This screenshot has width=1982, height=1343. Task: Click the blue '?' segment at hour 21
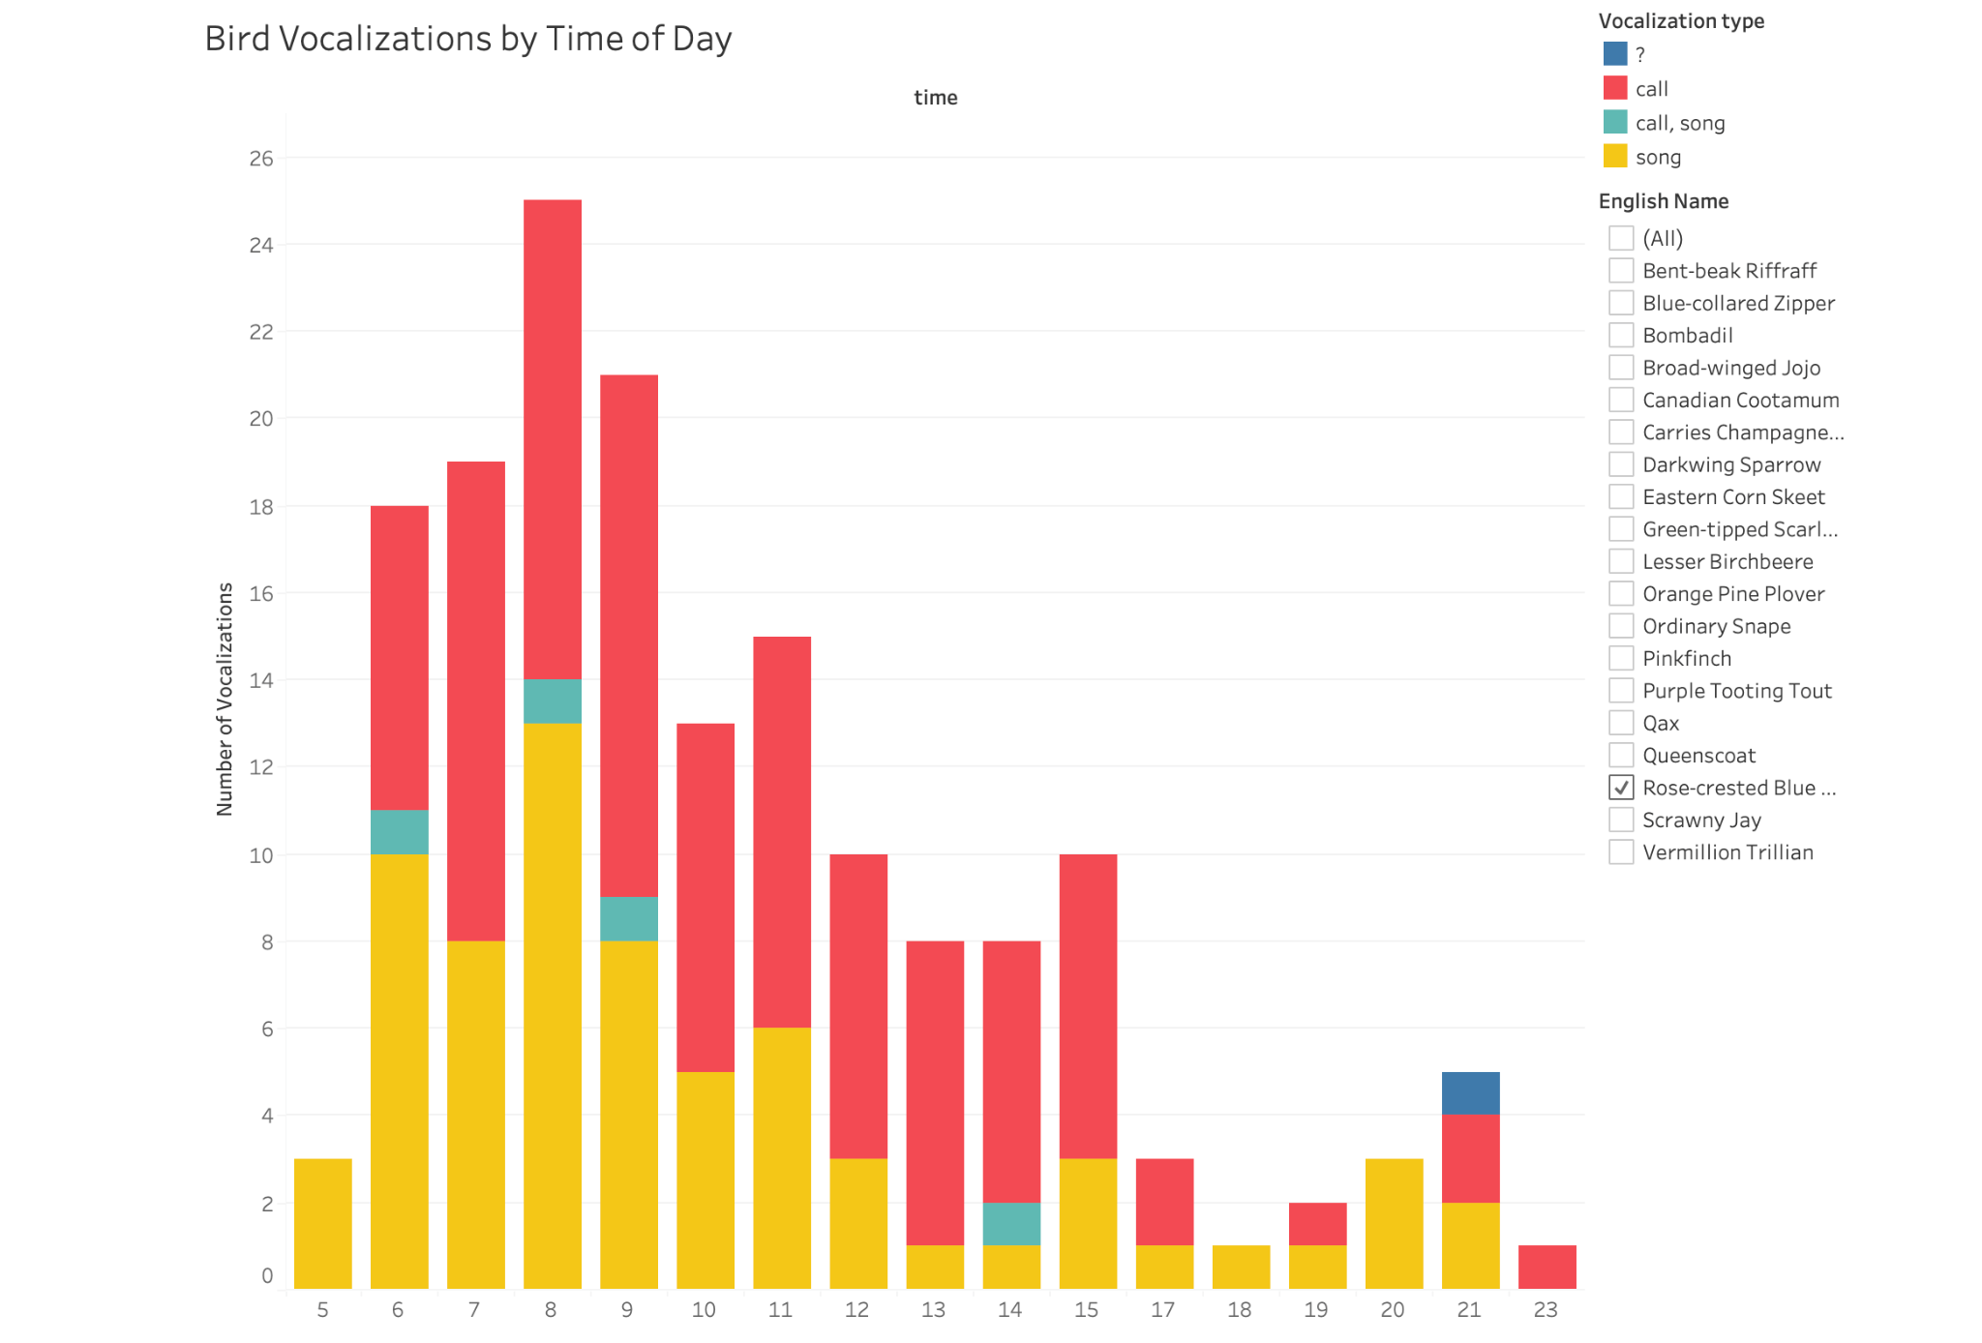(x=1469, y=1092)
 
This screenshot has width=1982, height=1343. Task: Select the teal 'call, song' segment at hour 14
(x=1010, y=1223)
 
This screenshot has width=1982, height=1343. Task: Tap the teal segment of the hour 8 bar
(x=552, y=701)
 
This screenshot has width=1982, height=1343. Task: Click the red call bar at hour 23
(x=1547, y=1266)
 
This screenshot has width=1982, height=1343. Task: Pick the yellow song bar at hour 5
(x=322, y=1223)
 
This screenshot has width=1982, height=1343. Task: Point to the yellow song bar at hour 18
(x=1240, y=1266)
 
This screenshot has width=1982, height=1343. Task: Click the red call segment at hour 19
(x=1316, y=1223)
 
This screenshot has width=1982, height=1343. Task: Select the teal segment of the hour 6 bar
(x=399, y=831)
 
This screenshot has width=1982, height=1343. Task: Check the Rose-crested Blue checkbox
(x=1621, y=788)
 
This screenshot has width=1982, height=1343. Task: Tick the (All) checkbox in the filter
(x=1621, y=238)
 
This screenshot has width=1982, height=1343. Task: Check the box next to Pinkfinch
(x=1621, y=658)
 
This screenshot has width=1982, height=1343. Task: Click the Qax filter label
(x=1661, y=723)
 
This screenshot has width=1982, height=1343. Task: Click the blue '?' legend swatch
(x=1614, y=54)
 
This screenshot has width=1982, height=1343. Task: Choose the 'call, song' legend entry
(x=1679, y=123)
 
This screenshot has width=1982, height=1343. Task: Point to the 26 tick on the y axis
(x=261, y=159)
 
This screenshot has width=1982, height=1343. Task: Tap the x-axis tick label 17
(x=1162, y=1309)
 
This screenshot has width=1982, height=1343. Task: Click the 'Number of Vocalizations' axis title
(x=225, y=699)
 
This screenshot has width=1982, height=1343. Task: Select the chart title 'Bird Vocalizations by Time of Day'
(x=468, y=39)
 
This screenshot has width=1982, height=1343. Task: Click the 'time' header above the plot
(x=935, y=98)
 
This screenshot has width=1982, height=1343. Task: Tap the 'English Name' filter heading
(x=1663, y=201)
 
